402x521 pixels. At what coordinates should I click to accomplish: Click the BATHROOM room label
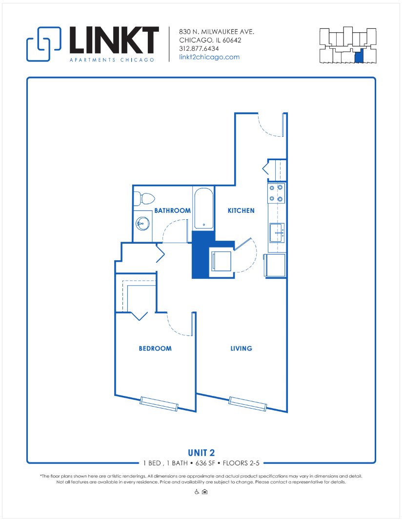pos(172,211)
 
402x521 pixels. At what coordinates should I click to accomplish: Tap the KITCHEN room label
pos(241,211)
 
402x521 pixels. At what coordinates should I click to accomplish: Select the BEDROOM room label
pos(155,349)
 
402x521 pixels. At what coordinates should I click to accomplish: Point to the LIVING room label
pos(241,349)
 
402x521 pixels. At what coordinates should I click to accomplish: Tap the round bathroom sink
pos(142,224)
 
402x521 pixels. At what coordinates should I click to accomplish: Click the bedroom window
pos(159,403)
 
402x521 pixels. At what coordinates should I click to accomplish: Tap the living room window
pos(248,404)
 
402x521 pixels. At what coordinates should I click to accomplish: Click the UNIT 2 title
pos(201,452)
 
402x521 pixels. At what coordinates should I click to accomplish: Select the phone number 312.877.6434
pos(199,49)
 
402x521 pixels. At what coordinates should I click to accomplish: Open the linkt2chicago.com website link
pos(209,57)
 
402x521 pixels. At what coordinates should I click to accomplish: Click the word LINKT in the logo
pos(114,40)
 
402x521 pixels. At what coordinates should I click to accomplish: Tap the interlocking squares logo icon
pos(43,44)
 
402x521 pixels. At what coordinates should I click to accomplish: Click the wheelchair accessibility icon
pos(197,492)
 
